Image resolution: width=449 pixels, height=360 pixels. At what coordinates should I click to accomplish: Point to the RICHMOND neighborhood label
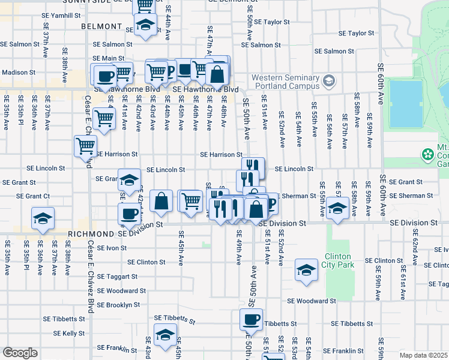(91, 233)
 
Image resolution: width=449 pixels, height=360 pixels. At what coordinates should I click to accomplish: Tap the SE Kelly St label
(69, 333)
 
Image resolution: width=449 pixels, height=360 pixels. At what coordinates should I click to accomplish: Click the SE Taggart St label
(117, 277)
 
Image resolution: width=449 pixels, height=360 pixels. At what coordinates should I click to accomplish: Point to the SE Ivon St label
(112, 247)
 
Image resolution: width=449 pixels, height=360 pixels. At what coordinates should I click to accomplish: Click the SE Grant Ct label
(33, 196)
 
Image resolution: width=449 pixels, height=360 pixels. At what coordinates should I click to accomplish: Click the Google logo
(20, 352)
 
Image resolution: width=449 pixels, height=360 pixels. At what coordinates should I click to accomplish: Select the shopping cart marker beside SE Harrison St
(86, 145)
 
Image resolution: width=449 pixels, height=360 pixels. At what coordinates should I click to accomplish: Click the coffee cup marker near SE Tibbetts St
(252, 319)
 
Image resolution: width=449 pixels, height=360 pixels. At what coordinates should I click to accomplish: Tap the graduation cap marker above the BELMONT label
(145, 25)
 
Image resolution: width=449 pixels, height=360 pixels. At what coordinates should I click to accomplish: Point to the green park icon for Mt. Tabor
(427, 155)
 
